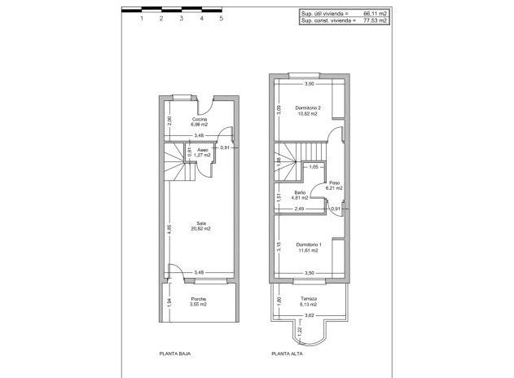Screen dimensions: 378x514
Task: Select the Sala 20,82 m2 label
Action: click(x=200, y=226)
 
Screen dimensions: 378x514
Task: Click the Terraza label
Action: click(x=309, y=300)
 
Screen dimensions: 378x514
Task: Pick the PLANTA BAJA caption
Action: click(x=174, y=354)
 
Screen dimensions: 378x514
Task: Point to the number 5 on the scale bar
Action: click(x=221, y=18)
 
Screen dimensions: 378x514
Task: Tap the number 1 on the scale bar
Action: click(x=143, y=18)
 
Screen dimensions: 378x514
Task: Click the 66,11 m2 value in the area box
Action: click(x=374, y=14)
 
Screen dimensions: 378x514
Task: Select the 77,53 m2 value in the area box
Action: click(x=374, y=20)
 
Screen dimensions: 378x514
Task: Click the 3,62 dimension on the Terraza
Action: click(x=309, y=314)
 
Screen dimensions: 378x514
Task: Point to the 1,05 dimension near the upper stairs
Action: click(x=314, y=167)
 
